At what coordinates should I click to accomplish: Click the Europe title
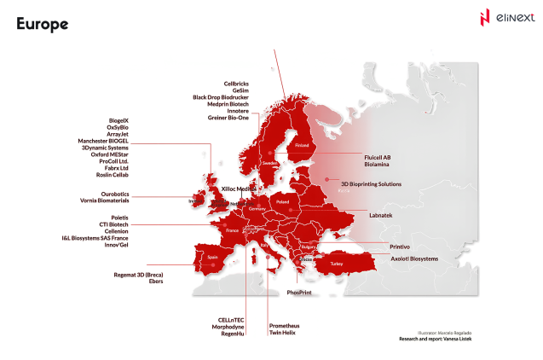(42, 25)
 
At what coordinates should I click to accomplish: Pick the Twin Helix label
(284, 333)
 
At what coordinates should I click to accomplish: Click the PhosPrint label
(312, 293)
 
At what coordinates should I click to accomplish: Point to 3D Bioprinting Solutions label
(371, 183)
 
